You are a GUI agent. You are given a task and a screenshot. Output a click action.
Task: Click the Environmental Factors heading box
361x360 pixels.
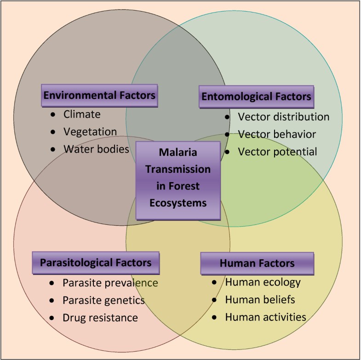[x=99, y=96]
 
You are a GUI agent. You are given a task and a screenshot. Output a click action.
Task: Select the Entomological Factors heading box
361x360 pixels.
[x=257, y=97]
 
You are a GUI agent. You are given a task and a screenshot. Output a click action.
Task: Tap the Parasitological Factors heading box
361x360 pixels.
[x=96, y=263]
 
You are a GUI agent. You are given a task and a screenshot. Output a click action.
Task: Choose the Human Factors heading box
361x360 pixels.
[x=257, y=263]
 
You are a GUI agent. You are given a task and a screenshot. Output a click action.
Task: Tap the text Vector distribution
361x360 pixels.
[x=283, y=117]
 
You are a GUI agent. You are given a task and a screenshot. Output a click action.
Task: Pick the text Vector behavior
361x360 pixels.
[x=276, y=134]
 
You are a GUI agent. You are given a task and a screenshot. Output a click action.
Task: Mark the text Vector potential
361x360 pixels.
[x=277, y=152]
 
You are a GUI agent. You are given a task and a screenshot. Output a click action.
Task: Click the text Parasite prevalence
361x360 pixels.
[x=110, y=283]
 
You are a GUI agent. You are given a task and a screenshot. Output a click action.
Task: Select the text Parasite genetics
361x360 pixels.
[x=103, y=300]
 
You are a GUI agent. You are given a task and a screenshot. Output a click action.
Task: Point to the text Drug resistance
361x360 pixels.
[x=100, y=318]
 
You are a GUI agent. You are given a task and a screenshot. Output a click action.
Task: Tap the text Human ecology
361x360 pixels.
[x=263, y=282]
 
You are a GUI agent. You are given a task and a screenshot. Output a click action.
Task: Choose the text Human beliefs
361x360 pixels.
[x=260, y=299]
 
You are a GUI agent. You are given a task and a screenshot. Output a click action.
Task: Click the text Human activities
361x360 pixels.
[x=265, y=317]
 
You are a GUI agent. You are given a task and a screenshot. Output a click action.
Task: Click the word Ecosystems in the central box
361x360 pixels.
[x=178, y=202]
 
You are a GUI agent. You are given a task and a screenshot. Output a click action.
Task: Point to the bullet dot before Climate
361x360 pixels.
[x=53, y=114]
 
